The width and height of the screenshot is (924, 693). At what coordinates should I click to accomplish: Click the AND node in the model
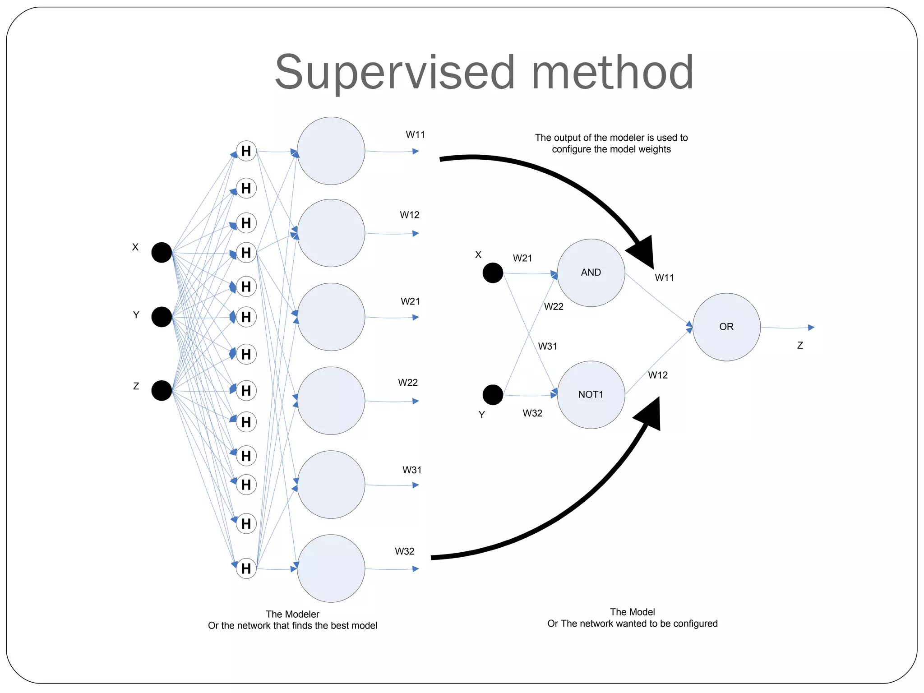(x=591, y=273)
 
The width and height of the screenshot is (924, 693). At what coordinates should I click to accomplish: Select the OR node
(x=726, y=327)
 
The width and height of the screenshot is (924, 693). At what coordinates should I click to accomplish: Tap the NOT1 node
(x=591, y=394)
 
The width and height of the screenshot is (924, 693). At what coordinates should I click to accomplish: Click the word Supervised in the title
(x=394, y=73)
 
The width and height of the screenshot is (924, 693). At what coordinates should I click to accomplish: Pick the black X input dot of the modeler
(x=162, y=252)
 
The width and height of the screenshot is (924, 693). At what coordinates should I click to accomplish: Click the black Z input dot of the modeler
(x=162, y=390)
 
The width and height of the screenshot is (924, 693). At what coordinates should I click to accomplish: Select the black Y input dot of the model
(x=493, y=395)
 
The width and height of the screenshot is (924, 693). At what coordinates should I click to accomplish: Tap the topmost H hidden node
(x=246, y=151)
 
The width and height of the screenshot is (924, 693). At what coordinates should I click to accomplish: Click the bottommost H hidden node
(x=246, y=568)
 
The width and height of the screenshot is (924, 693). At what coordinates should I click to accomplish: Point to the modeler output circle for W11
(x=331, y=151)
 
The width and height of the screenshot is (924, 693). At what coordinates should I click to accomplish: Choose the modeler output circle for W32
(x=331, y=568)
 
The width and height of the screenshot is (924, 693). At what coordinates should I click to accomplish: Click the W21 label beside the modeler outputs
(x=410, y=301)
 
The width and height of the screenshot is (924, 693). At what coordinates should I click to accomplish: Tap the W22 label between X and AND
(x=554, y=307)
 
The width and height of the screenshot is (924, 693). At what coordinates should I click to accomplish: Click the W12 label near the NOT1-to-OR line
(x=658, y=375)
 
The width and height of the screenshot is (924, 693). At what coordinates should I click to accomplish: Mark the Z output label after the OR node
(x=800, y=346)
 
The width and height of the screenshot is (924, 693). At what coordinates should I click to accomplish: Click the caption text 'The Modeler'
(x=292, y=614)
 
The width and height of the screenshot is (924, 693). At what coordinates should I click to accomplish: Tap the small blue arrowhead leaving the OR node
(x=811, y=328)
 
